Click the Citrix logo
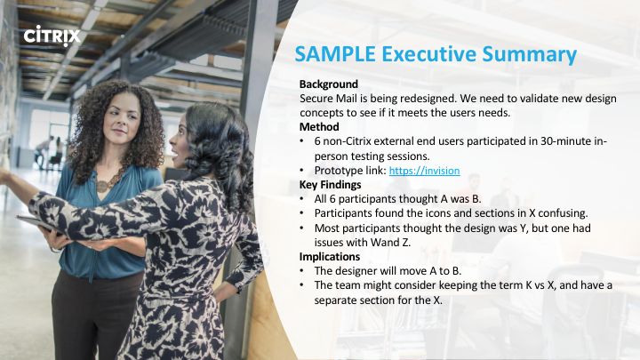[x=52, y=36]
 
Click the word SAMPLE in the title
[x=335, y=54]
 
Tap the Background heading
[x=329, y=84]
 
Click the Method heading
[x=319, y=127]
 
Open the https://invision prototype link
[x=425, y=171]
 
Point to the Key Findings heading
[x=330, y=185]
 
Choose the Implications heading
[x=330, y=257]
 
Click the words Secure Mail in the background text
[x=327, y=99]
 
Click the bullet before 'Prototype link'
[x=301, y=170]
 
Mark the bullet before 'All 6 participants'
[x=301, y=199]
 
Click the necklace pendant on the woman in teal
[x=102, y=187]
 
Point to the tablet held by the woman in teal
[x=40, y=225]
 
